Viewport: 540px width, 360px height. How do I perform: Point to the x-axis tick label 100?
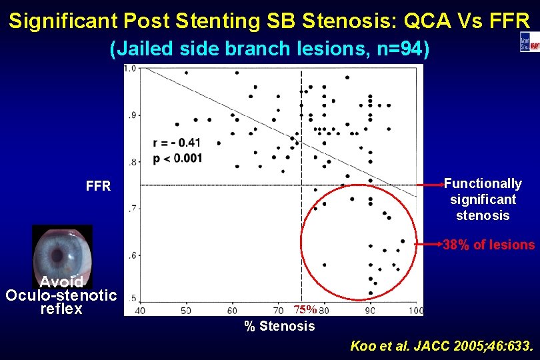coord(416,310)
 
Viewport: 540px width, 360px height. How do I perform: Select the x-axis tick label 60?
coord(233,310)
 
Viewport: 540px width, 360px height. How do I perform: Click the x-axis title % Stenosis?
coord(279,326)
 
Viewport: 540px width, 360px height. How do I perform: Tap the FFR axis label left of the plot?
coord(98,186)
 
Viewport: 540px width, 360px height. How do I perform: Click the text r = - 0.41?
coord(176,143)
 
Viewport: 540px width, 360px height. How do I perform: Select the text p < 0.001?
coord(177,158)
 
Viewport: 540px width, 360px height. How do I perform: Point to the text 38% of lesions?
coord(489,245)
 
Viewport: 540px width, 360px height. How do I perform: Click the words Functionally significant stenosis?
coord(483,199)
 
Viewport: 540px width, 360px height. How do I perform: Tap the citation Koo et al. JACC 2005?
coord(441,346)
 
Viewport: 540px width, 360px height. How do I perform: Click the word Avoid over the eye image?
coord(61,282)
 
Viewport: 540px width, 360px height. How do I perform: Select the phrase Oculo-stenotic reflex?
coord(61,301)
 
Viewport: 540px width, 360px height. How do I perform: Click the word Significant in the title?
coord(65,21)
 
